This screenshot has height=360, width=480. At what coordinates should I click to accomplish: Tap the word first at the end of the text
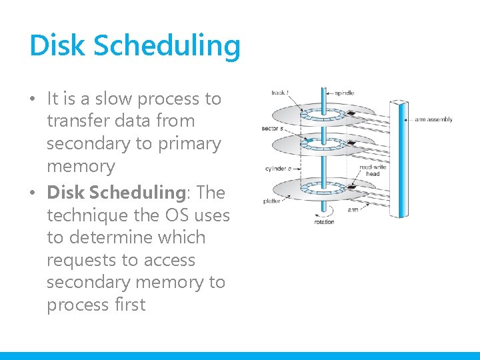pyautogui.click(x=129, y=305)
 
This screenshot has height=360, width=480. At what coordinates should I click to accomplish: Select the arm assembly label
pyautogui.click(x=433, y=120)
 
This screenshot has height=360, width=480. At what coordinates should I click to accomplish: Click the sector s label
pyautogui.click(x=273, y=127)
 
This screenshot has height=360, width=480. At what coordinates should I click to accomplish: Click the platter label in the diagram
pyautogui.click(x=273, y=200)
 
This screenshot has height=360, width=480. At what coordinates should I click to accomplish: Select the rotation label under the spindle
pyautogui.click(x=325, y=222)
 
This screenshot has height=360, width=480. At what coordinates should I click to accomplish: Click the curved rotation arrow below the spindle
pyautogui.click(x=324, y=212)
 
